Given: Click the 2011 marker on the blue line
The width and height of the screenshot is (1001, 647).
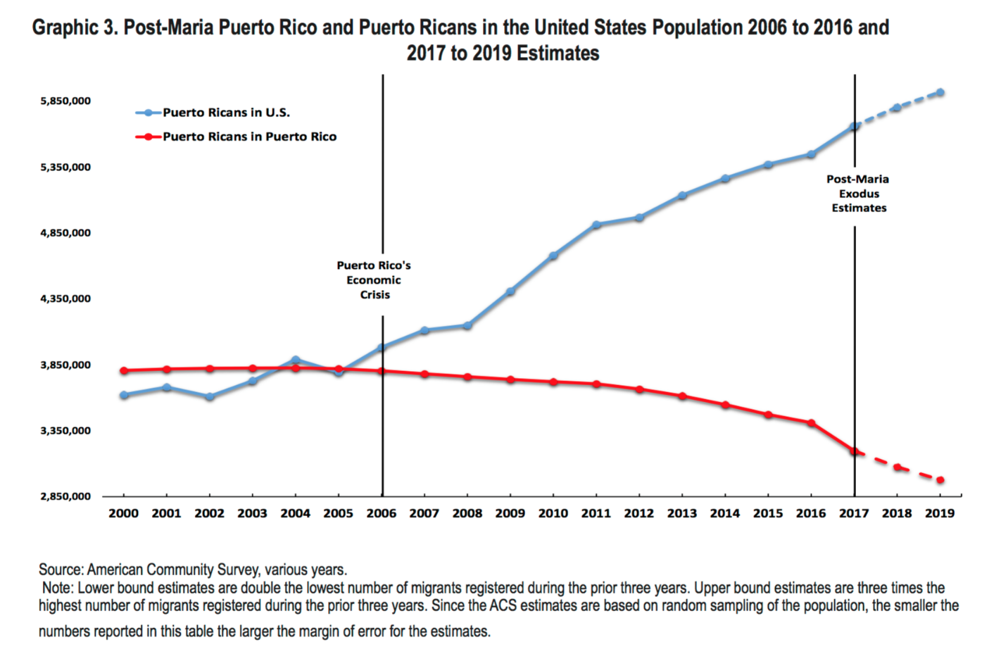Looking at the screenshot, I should tap(596, 225).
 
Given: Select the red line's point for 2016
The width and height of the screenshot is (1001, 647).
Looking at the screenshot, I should tap(811, 423).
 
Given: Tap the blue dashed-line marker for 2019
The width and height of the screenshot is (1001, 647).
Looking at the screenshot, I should tap(940, 92).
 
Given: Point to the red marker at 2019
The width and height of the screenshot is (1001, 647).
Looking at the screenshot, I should tap(940, 480).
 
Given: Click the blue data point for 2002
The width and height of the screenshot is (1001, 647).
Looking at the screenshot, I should tap(210, 397).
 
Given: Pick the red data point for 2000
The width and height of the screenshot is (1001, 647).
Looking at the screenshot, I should tap(124, 370).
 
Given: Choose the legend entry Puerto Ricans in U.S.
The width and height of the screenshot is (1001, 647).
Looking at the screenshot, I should tap(225, 113).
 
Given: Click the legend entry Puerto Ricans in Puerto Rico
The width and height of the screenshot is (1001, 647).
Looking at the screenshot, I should tap(249, 137).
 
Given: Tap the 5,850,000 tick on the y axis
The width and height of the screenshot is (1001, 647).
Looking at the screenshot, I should tap(65, 101).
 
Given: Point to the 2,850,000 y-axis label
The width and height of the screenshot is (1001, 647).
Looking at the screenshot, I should tap(65, 496).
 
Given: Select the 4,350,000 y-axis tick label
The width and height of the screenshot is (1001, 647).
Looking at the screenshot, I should tap(65, 299).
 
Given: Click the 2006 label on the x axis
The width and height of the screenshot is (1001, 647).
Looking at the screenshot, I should tap(381, 513).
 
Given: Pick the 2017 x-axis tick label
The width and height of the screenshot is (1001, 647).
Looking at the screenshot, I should tap(854, 513).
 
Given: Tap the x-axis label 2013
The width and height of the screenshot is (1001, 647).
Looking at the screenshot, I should tap(681, 513).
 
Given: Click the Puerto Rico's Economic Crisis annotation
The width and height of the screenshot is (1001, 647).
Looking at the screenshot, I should tap(374, 279).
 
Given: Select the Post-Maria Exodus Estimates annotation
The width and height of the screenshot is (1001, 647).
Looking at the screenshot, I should tap(858, 194).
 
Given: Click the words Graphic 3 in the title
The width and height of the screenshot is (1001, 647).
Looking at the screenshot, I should tap(75, 28).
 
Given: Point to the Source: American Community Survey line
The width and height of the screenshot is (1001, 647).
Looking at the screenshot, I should tap(192, 570).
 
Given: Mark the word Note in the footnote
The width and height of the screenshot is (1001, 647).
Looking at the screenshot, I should tap(56, 588).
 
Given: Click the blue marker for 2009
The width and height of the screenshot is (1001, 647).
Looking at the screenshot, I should tap(510, 291).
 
